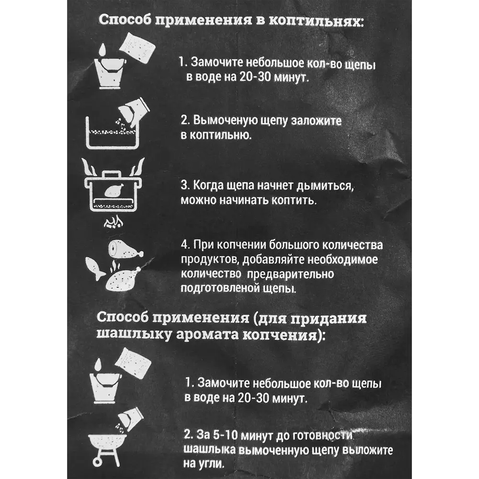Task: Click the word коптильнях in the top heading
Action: coord(320,22)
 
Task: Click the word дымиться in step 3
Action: coord(327,185)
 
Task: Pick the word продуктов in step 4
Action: coord(209,260)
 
